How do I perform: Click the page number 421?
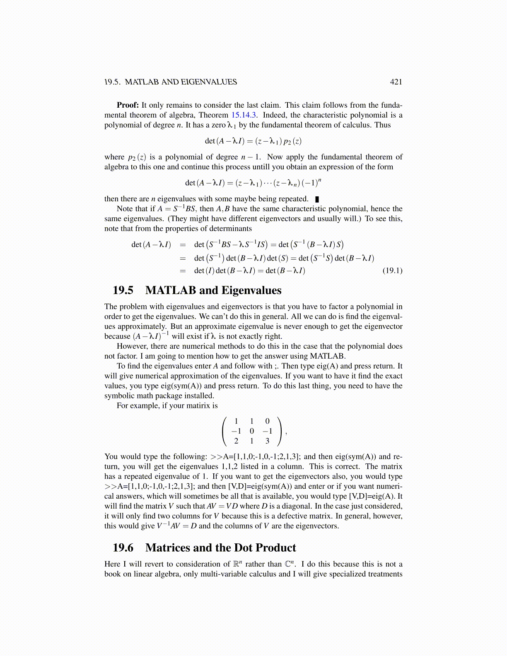pos(396,82)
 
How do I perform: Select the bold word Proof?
pos(128,105)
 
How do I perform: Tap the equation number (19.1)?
pos(392,271)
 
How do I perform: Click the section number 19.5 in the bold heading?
pos(123,290)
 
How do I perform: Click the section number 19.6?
pos(123,548)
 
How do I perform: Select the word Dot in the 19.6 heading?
pos(243,548)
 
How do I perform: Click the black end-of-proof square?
pos(317,199)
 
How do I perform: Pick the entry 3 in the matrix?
pos(267,441)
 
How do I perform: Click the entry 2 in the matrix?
pos(236,441)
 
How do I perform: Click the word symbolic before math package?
pos(119,396)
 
